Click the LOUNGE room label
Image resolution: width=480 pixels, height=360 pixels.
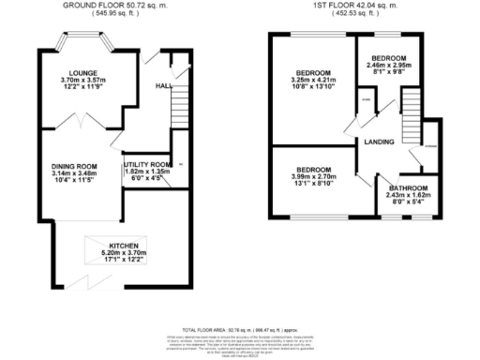80,71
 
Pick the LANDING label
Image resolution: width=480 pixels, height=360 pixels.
379,142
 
